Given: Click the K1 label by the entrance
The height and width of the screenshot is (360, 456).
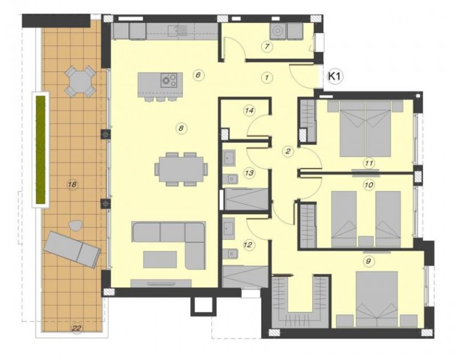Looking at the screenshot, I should click(334, 77).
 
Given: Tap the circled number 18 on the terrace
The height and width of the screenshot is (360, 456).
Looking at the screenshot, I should click(72, 184).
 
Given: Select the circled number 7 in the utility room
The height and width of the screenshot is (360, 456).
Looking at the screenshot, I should click(268, 47).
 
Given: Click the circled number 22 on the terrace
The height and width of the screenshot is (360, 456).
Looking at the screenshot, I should click(76, 328).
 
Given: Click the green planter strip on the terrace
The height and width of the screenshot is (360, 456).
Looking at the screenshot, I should click(41, 149).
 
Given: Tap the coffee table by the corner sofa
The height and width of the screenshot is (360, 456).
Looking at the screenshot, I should click(160, 259).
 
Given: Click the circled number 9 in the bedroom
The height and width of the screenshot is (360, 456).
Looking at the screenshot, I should click(369, 261).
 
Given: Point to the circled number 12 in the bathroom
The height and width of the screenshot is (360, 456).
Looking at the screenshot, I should click(248, 244).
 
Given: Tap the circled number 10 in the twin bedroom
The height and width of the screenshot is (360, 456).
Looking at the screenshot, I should click(368, 185).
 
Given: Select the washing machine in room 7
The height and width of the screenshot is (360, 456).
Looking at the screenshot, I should click(279, 31).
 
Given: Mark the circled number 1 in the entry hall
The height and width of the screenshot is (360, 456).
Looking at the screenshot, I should click(267, 77).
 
